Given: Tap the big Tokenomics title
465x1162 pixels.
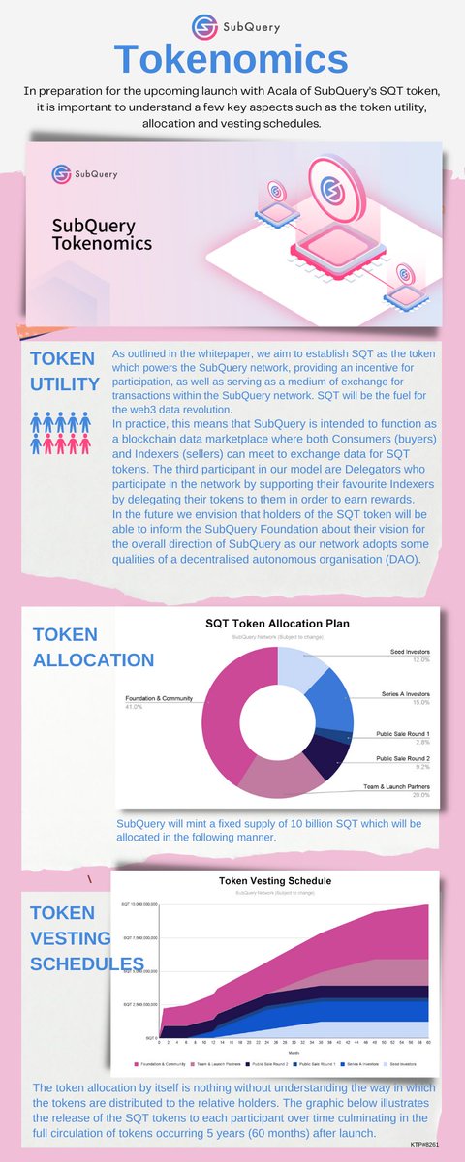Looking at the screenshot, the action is pyautogui.click(x=232, y=59).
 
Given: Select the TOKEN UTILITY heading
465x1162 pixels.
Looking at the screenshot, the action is pyautogui.click(x=65, y=371).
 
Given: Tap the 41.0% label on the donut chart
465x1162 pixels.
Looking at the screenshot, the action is pyautogui.click(x=136, y=707).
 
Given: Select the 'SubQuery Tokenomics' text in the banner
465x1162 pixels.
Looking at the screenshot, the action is pyautogui.click(x=93, y=235).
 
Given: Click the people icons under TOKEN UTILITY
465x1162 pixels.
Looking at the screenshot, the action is pyautogui.click(x=64, y=433).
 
